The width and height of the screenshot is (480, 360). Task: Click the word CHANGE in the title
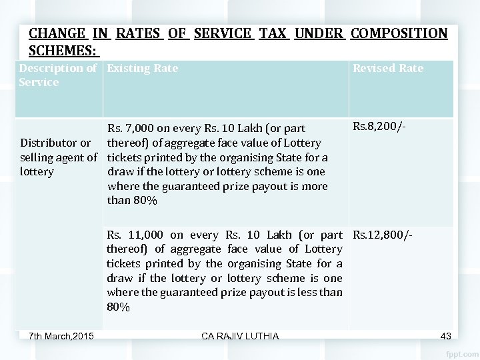[57, 33]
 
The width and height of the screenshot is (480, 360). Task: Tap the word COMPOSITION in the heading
[399, 33]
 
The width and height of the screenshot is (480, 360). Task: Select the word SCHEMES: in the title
[63, 51]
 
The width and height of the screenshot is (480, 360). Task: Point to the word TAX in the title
[273, 33]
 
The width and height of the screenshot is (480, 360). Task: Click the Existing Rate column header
[143, 68]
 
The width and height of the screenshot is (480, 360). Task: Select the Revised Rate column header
[387, 68]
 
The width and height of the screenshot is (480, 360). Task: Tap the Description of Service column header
[58, 75]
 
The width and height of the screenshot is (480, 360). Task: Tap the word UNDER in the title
[319, 33]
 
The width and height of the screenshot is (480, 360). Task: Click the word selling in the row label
[38, 157]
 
